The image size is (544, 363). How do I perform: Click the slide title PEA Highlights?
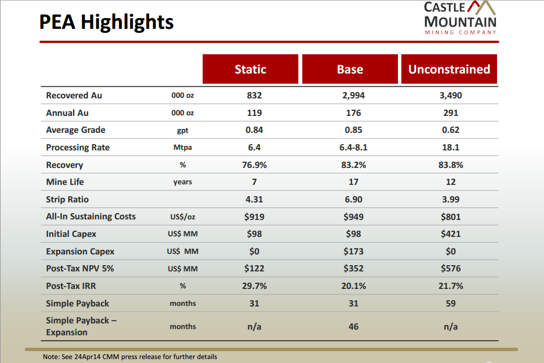[106, 22]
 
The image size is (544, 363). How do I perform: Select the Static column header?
[250, 69]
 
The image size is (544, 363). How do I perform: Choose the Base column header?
[350, 69]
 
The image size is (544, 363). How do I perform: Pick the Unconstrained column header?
[449, 69]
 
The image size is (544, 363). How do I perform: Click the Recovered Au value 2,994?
[353, 96]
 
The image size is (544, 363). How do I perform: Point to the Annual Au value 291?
[451, 113]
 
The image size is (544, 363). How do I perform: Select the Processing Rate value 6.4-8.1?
[353, 148]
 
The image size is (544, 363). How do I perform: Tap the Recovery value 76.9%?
[254, 165]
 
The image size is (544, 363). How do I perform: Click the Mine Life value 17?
[353, 182]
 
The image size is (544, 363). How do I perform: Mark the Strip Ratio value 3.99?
[451, 200]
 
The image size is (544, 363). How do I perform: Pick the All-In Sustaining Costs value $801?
[451, 217]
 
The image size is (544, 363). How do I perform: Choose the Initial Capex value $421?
[451, 234]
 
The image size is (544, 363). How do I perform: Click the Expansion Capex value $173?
[353, 251]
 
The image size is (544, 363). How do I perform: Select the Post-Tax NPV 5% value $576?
[451, 269]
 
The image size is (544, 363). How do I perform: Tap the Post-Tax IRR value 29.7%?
[254, 286]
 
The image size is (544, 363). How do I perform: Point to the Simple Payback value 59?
[451, 304]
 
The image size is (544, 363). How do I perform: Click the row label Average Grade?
[75, 130]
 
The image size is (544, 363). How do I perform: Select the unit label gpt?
[182, 131]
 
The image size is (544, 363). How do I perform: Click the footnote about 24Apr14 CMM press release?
[130, 357]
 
